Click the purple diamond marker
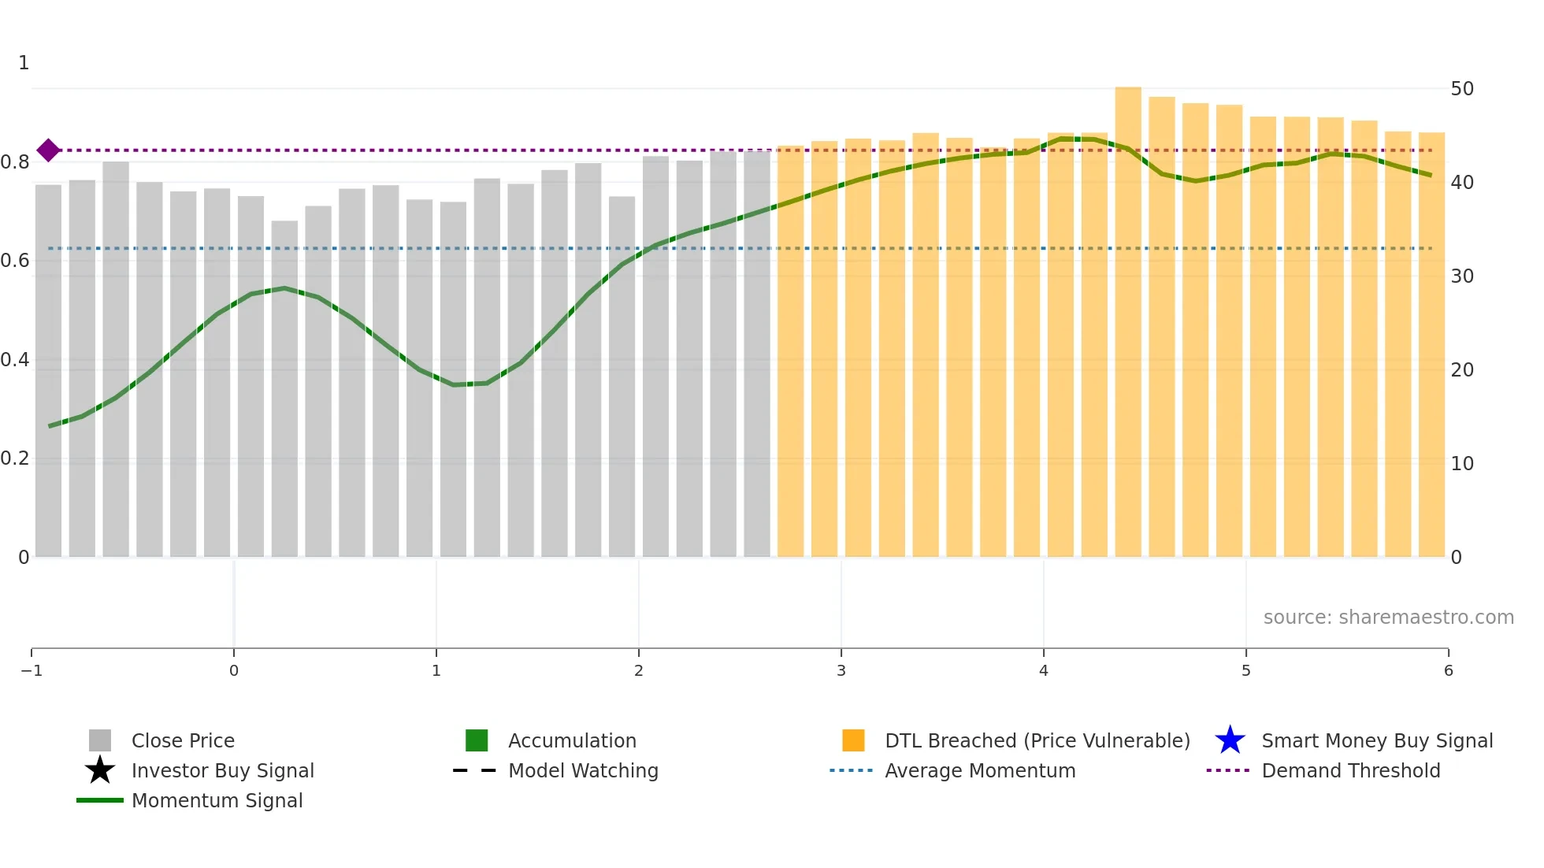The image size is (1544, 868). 48,150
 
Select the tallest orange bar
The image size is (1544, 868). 1128,323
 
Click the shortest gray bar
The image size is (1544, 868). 284,390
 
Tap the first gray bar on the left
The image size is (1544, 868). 48,370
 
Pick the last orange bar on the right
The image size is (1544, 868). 1431,347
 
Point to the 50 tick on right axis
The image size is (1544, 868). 1461,89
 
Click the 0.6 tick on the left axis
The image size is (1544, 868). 14,261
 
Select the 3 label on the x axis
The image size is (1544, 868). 841,671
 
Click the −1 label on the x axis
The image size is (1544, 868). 32,671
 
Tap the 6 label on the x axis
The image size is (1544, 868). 1448,671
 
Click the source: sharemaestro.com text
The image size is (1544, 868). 1388,618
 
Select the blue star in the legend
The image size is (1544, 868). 1230,740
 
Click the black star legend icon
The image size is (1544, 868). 100,770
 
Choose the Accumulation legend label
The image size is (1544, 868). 572,741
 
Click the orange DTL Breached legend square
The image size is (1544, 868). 853,740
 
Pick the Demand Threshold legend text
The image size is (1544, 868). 1350,771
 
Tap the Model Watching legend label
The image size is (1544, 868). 583,771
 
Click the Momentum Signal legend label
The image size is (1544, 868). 217,801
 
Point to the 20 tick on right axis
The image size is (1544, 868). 1461,370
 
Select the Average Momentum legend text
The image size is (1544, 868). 979,771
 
